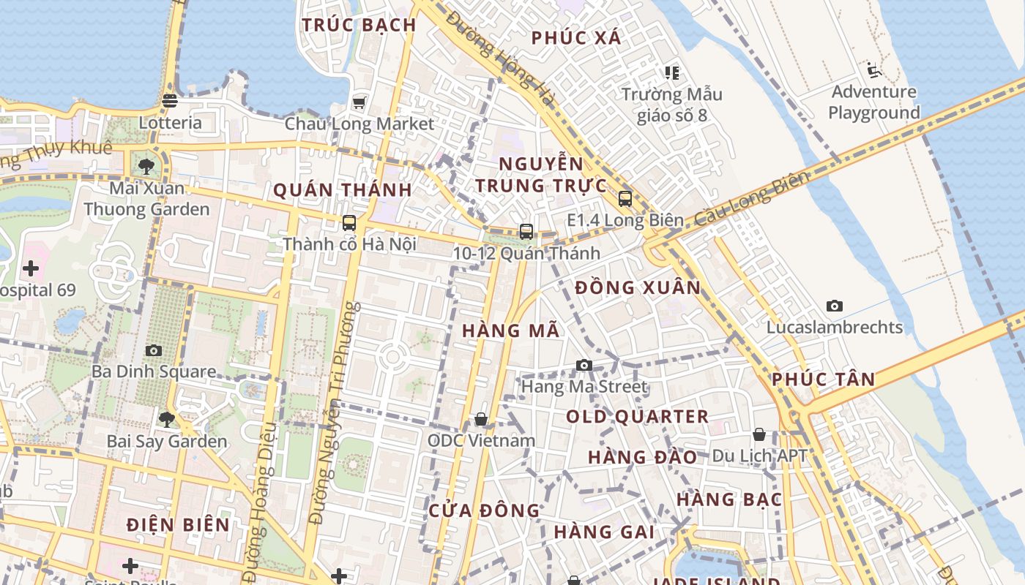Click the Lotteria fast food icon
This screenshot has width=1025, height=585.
tap(170, 101)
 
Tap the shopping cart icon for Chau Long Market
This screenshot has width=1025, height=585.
tap(359, 102)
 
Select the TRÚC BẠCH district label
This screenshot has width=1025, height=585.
tap(359, 25)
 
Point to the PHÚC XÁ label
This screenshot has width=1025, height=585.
tap(576, 38)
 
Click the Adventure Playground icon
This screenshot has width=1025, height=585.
tap(873, 70)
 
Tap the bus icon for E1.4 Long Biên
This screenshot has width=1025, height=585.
tap(625, 198)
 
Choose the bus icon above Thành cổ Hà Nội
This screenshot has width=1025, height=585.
tap(349, 223)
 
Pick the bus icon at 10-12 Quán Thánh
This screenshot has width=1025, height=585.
tap(526, 232)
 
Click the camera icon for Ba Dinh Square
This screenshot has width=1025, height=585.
tap(154, 350)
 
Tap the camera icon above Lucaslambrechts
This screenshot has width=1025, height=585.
tap(834, 306)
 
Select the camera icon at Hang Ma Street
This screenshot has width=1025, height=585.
tap(584, 365)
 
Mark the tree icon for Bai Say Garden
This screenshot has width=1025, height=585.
tap(167, 420)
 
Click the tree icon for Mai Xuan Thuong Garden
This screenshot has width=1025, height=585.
tap(146, 166)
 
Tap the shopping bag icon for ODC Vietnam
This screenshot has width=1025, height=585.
tap(481, 419)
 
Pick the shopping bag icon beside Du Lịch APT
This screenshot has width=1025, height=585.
tap(759, 434)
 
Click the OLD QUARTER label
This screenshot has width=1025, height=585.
tap(637, 417)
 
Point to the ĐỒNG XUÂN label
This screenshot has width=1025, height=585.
tap(638, 287)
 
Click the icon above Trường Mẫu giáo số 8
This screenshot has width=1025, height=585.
tap(671, 72)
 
